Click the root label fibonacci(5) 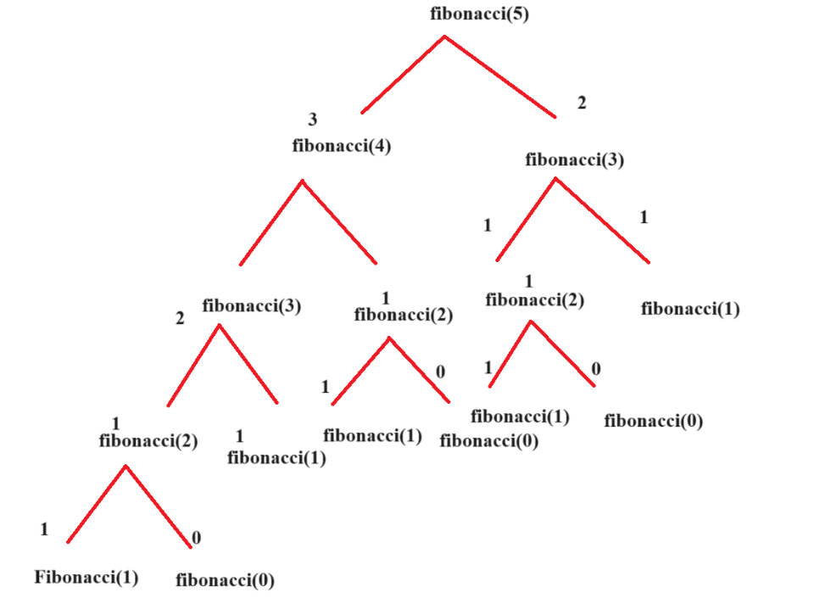(480, 14)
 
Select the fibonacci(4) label (341, 145)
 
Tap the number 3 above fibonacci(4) (312, 120)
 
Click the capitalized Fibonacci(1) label (86, 578)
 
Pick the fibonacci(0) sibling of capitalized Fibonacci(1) (225, 581)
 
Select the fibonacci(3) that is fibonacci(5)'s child (574, 159)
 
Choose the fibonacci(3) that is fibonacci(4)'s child (252, 305)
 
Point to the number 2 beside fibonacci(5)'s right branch (582, 103)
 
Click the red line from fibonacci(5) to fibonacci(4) (403, 75)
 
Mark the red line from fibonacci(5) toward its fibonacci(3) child (500, 76)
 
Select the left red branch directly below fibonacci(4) (271, 222)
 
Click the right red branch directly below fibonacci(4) (339, 222)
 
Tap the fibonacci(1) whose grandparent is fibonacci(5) (690, 309)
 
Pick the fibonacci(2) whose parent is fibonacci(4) (403, 316)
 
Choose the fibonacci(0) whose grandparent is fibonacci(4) (488, 440)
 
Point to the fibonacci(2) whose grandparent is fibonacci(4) (148, 440)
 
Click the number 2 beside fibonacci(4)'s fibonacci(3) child (180, 319)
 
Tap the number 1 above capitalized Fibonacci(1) (44, 530)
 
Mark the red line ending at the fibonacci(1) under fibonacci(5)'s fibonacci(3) (603, 221)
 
